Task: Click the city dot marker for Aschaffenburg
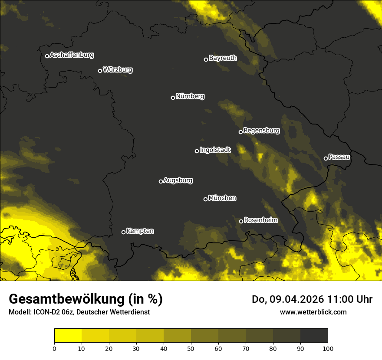(x=47, y=56)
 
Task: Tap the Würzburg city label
(x=118, y=70)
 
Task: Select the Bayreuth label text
(x=223, y=58)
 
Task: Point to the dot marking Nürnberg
(x=173, y=98)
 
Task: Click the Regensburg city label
(x=261, y=131)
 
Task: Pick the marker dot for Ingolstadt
(x=197, y=151)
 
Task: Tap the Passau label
(x=339, y=157)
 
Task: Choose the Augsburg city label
(x=178, y=180)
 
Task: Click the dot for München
(x=205, y=199)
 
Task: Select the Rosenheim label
(x=260, y=220)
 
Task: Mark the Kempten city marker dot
(x=123, y=232)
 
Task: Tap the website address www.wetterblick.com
(x=313, y=312)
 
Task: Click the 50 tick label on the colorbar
(x=191, y=348)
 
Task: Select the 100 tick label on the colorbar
(x=327, y=348)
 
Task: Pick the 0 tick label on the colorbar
(x=54, y=348)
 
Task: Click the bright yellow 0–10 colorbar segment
(x=68, y=335)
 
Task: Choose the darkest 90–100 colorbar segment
(x=314, y=335)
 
